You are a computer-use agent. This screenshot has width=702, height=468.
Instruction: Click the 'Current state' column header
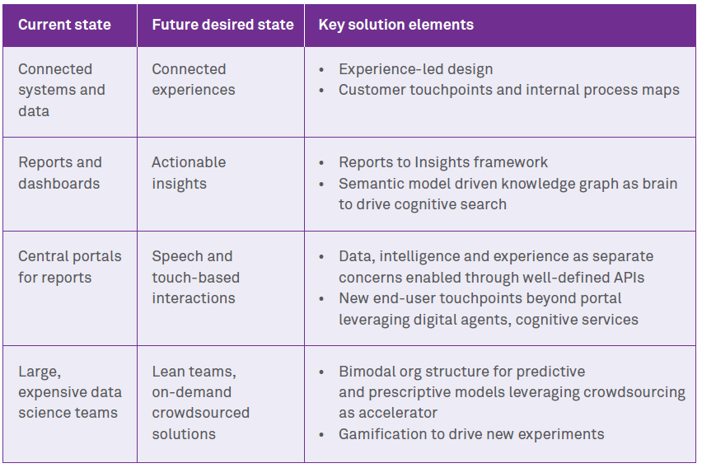coord(64,25)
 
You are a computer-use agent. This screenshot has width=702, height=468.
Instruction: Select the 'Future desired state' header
coord(223,25)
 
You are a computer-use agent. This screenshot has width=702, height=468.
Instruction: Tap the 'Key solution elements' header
coord(395,25)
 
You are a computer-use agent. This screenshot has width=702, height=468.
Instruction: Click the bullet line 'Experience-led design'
coord(415,69)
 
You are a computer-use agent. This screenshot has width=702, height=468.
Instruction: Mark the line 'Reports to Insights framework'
coord(442,162)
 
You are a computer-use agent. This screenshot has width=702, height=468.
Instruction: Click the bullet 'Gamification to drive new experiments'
coord(471,434)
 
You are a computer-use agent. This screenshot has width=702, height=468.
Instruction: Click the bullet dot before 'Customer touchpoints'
coord(321,91)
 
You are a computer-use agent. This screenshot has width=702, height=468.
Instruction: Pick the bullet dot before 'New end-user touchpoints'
coord(321,299)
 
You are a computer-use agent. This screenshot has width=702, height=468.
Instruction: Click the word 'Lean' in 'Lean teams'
coord(167,372)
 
